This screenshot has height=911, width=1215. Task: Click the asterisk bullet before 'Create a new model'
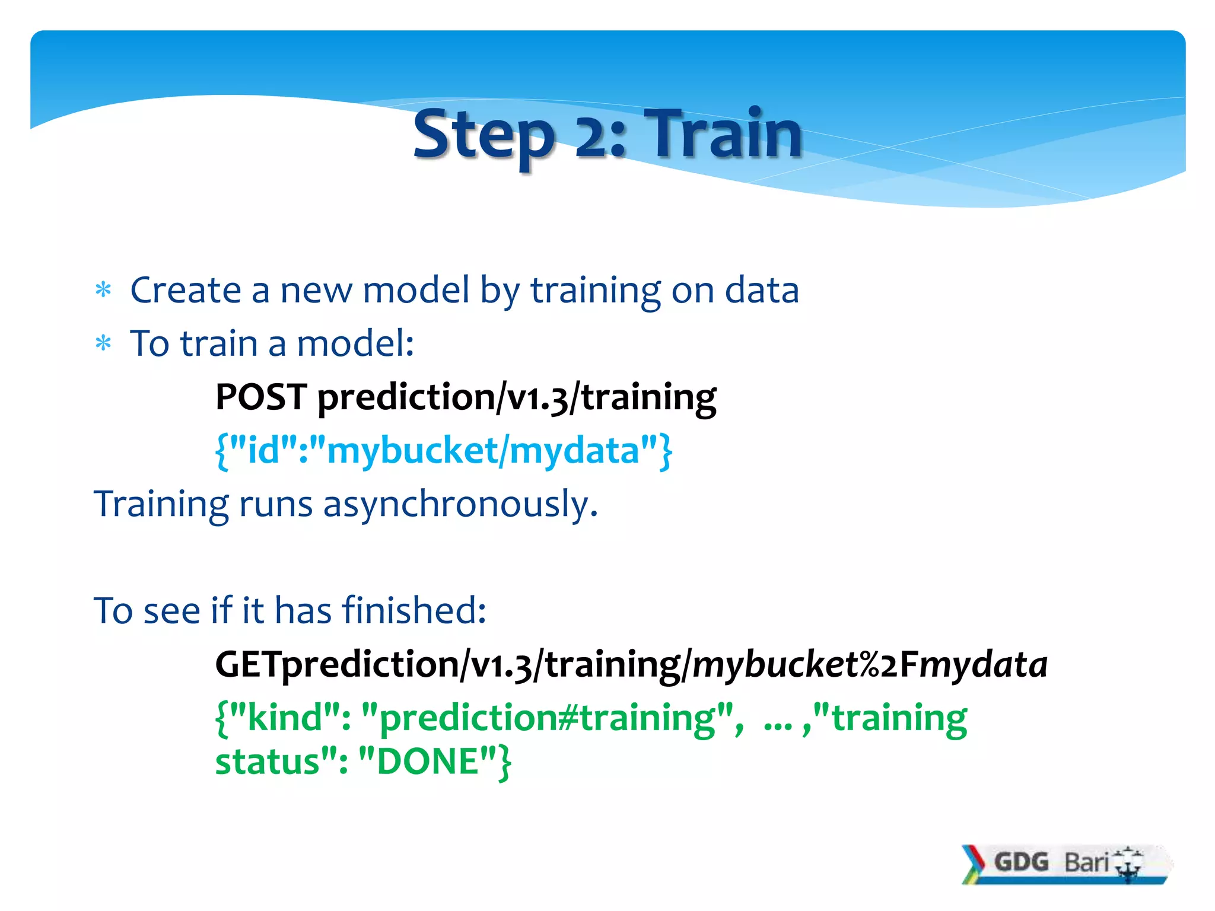coord(103,291)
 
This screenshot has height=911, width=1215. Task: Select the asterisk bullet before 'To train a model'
coord(103,344)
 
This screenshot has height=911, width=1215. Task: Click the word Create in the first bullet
coord(185,291)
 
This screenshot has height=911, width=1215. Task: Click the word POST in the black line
coord(261,397)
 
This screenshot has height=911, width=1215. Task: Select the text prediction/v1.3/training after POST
coord(516,398)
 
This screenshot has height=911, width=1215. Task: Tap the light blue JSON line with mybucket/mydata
coord(443,451)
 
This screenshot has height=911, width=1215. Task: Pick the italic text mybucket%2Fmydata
coord(869,665)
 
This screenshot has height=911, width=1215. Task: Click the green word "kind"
coord(285,718)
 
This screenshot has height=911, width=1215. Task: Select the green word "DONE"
coord(428,762)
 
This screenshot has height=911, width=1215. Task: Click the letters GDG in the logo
coord(1021,862)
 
